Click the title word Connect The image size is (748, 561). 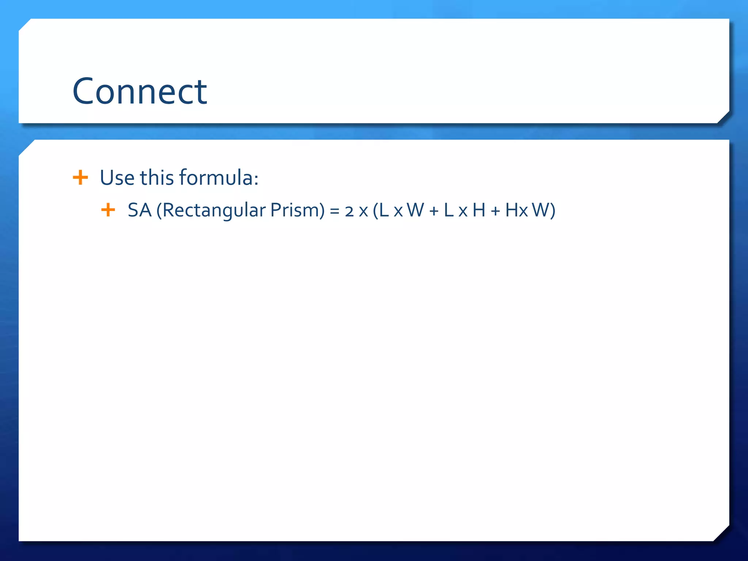[140, 91]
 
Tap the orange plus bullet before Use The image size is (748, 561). [80, 178]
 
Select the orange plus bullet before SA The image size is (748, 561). [108, 210]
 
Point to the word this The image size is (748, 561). [157, 178]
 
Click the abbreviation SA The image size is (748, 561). [140, 210]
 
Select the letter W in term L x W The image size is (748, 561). [416, 210]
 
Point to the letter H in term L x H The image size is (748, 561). [479, 210]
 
